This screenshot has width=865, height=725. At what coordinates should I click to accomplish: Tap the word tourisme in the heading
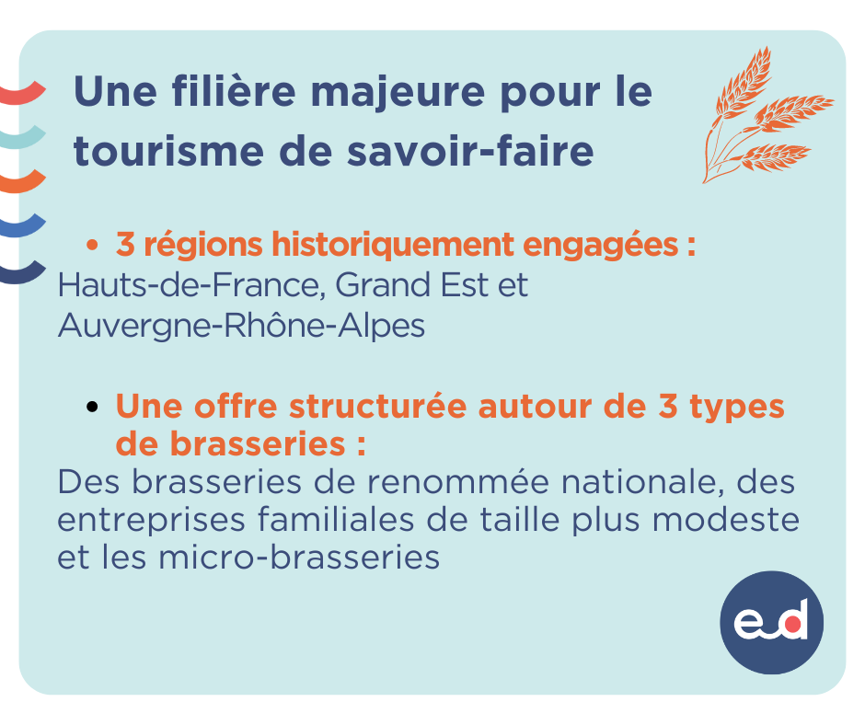168,151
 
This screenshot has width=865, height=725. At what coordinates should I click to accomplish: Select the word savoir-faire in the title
470,151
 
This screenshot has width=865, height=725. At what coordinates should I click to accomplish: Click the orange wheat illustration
767,116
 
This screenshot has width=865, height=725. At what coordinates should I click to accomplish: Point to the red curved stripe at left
22,94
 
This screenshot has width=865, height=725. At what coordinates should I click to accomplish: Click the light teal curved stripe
22,138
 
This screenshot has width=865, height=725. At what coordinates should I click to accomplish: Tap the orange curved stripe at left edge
22,182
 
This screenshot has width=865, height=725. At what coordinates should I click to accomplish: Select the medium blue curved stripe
22,226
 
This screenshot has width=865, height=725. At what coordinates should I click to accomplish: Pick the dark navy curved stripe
22,272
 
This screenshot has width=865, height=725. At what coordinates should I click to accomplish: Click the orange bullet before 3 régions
92,245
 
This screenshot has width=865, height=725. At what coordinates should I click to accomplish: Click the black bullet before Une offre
92,408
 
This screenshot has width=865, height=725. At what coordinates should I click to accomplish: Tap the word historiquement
393,245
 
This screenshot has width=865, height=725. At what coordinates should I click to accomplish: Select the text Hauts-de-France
188,285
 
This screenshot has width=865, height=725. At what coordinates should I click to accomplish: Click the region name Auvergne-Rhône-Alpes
242,326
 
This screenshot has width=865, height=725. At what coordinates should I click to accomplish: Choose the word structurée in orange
377,407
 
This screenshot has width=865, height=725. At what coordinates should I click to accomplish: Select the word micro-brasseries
299,558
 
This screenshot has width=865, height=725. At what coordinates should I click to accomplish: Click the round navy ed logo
771,622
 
